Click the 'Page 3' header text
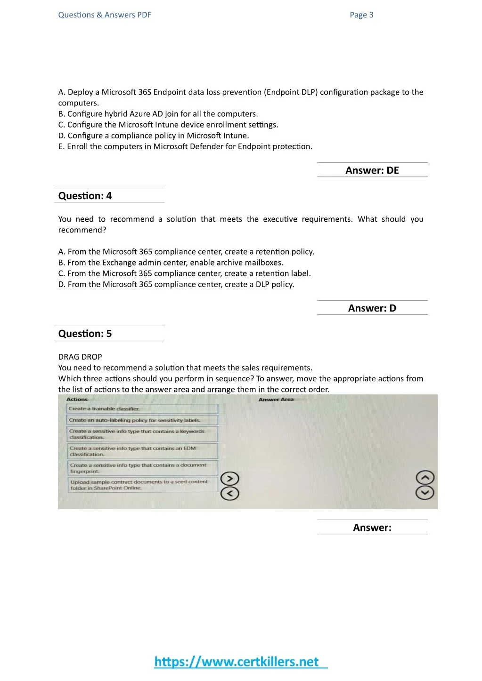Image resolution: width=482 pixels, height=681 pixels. tap(361, 15)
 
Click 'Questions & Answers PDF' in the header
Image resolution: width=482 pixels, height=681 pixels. tap(105, 15)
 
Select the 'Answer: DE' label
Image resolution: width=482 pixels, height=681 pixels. tap(372, 170)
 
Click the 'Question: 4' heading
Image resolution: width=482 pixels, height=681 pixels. tap(85, 196)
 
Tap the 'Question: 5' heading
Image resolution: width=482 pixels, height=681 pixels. tap(85, 334)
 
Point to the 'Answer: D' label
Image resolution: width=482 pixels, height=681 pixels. tap(372, 308)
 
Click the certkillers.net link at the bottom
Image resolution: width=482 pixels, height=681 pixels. tap(240, 662)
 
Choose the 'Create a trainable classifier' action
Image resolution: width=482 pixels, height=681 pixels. tap(142, 409)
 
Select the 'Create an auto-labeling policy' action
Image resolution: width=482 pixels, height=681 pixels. tap(142, 420)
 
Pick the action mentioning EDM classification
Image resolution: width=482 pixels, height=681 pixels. tap(142, 451)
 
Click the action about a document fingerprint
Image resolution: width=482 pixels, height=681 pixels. tap(142, 468)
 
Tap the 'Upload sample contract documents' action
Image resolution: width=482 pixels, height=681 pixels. tap(142, 485)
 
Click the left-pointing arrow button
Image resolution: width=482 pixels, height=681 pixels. tap(230, 494)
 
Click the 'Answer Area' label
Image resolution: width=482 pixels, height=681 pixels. tap(276, 400)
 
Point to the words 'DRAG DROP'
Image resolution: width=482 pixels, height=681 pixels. tap(80, 357)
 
